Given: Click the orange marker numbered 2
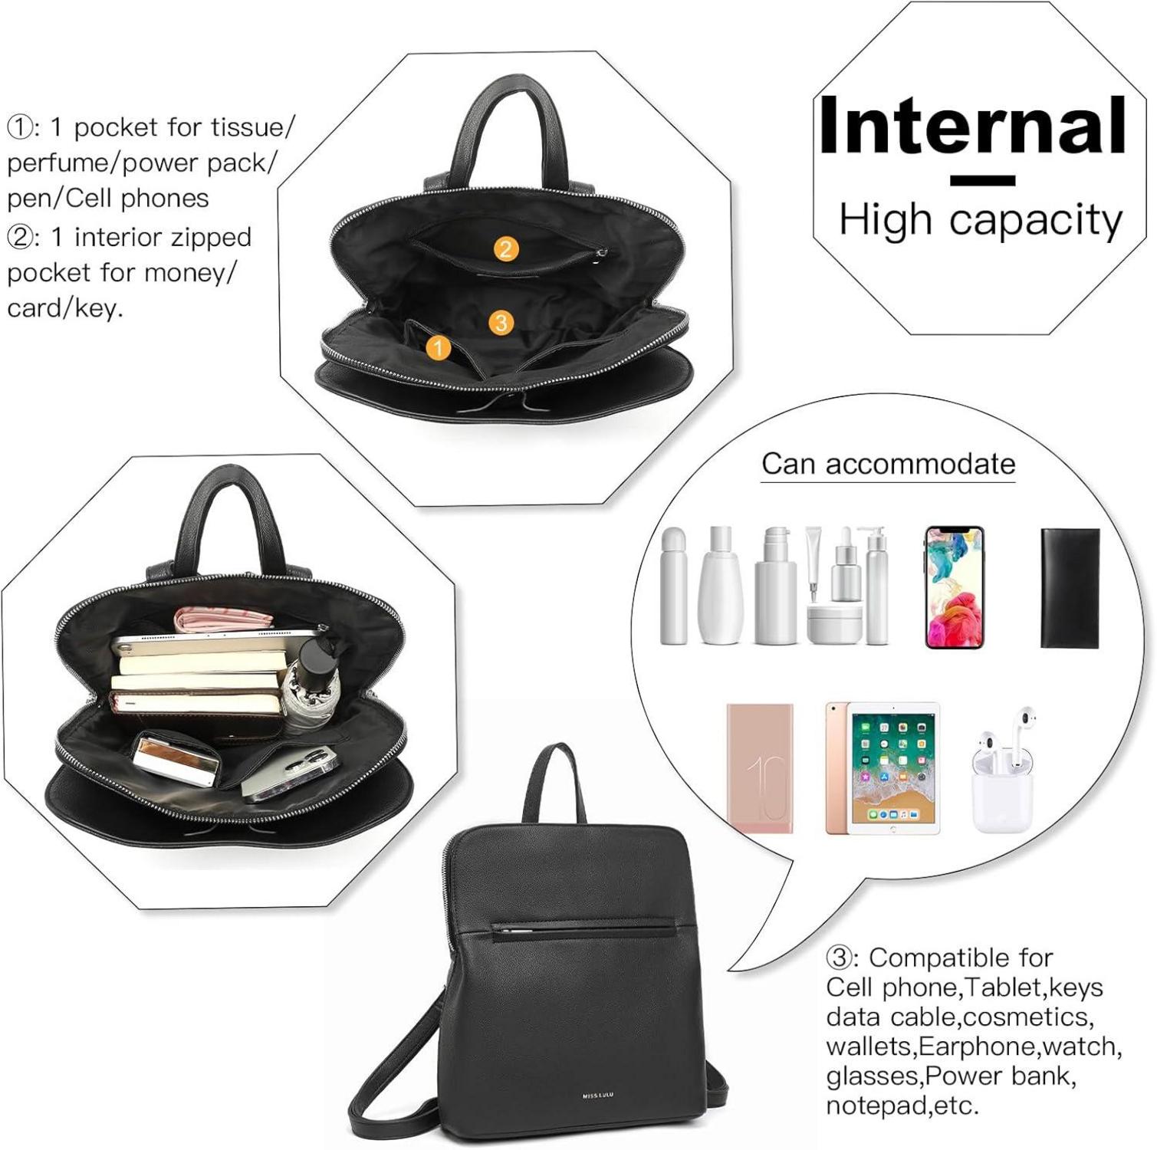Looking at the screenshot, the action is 505,248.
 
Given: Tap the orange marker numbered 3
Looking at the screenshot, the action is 501,322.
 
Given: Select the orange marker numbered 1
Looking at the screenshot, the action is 438,349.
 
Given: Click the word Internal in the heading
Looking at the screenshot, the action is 972,125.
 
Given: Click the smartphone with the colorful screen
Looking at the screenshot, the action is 955,587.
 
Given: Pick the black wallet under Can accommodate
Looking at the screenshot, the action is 1070,588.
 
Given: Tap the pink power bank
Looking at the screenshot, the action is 760,768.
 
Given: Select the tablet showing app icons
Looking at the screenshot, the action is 883,768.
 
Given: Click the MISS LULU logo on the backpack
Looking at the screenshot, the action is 597,1096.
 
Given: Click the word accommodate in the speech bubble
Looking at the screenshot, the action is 920,464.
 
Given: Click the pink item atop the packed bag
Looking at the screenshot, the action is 222,619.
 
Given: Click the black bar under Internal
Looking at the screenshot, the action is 982,181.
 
